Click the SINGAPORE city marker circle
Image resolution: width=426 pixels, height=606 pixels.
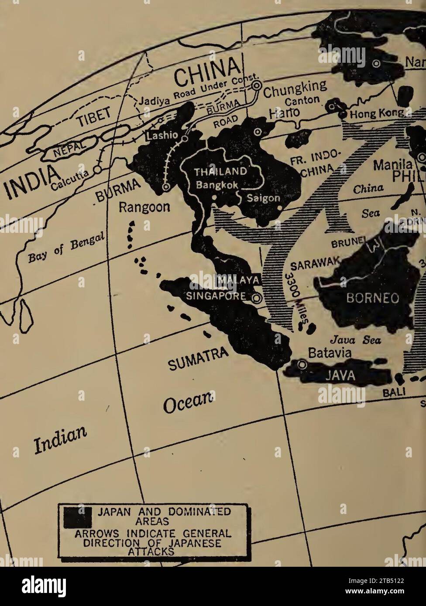point(257,298)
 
